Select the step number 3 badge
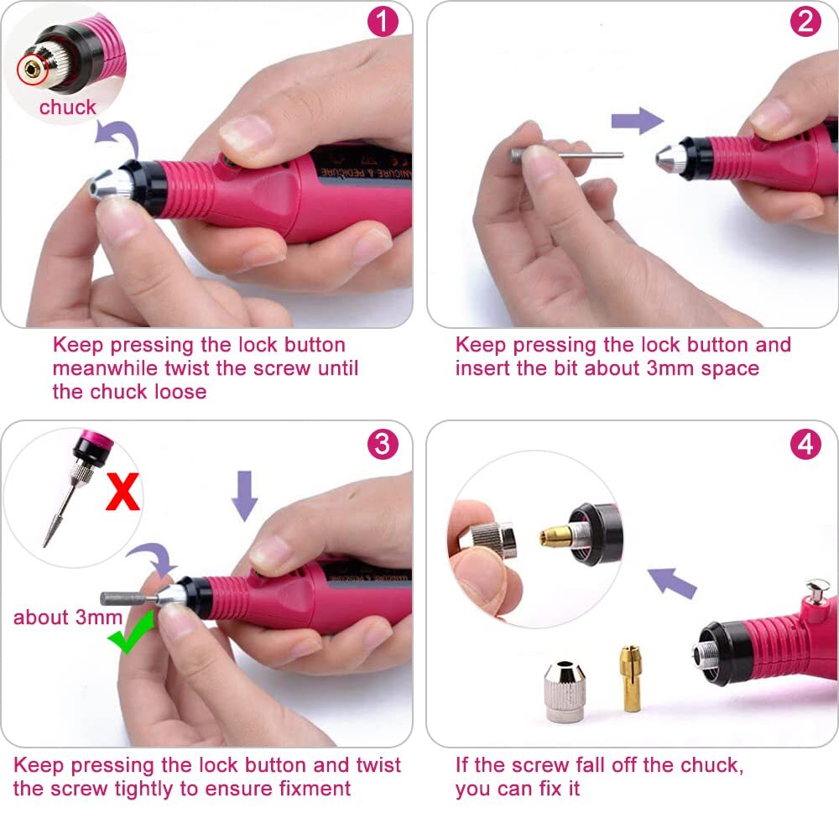383,444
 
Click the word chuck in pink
68,107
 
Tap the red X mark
122,492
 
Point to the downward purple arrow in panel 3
245,494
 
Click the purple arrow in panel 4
675,581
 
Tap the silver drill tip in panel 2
670,154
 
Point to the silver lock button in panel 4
816,589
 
